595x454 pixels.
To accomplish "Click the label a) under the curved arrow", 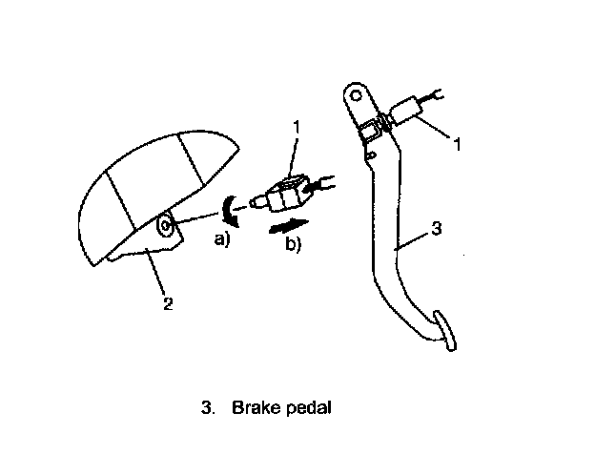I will (222, 238).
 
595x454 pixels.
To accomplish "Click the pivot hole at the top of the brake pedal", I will (355, 94).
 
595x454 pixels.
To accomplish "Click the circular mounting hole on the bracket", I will (165, 226).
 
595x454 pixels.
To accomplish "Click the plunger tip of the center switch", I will (252, 202).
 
